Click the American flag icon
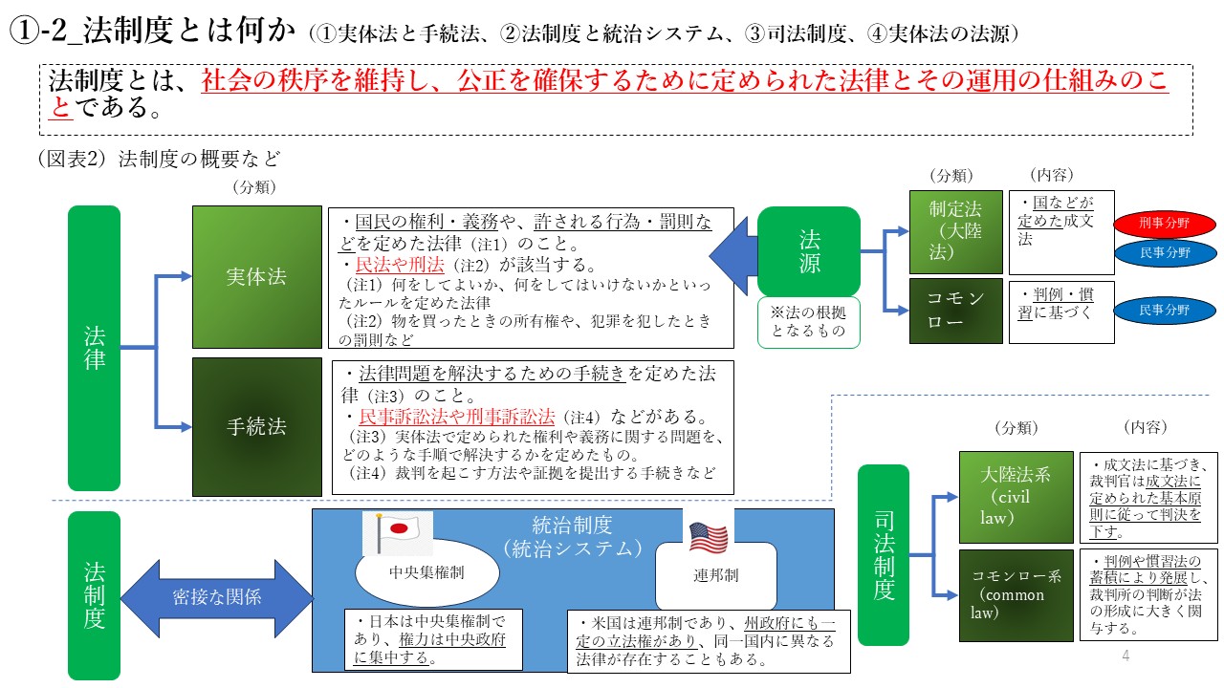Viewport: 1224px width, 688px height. click(x=708, y=537)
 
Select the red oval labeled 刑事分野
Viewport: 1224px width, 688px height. click(x=1164, y=225)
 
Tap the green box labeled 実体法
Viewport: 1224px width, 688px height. click(x=256, y=277)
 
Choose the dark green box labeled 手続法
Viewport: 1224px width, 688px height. click(x=256, y=426)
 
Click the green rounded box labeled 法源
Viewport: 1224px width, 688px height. click(x=809, y=251)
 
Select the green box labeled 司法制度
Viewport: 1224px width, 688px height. click(x=884, y=554)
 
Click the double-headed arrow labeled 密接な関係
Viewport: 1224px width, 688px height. click(x=217, y=598)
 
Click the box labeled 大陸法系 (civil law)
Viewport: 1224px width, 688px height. click(x=1016, y=497)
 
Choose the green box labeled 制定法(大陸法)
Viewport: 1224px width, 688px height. click(x=956, y=232)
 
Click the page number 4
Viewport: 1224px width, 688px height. click(x=1126, y=656)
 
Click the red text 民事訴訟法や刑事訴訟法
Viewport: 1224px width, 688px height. click(x=456, y=417)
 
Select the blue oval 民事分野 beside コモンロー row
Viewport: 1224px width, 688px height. click(x=1164, y=311)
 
